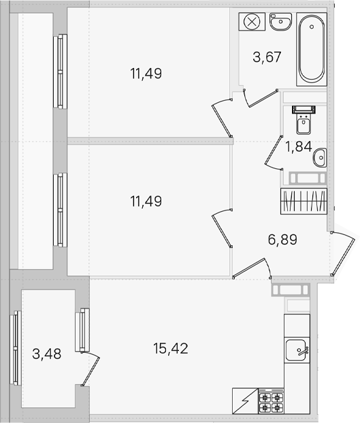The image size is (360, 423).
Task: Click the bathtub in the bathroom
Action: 312,49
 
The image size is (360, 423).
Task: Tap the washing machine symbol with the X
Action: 252,22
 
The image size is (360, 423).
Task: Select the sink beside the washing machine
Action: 280,22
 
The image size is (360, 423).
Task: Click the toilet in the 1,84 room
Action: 304,120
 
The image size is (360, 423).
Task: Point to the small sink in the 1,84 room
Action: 320,157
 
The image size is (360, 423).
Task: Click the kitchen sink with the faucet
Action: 297,350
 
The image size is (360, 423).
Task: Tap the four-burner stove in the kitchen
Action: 271,401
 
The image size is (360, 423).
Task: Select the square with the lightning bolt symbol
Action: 245,401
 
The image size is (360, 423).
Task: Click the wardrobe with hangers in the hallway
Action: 304,201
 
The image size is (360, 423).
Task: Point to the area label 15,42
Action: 171,348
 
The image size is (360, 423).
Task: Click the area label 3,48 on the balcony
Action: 47,354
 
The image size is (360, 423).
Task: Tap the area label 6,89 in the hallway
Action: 282,239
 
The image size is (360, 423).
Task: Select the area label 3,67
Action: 267,57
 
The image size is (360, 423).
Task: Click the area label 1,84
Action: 299,146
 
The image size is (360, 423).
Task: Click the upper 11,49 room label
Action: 146,74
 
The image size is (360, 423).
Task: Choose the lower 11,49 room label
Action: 146,201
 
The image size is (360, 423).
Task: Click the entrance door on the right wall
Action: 344,253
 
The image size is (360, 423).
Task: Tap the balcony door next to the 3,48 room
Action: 91,369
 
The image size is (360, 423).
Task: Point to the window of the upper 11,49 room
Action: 60,72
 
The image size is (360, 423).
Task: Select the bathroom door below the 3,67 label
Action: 260,97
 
